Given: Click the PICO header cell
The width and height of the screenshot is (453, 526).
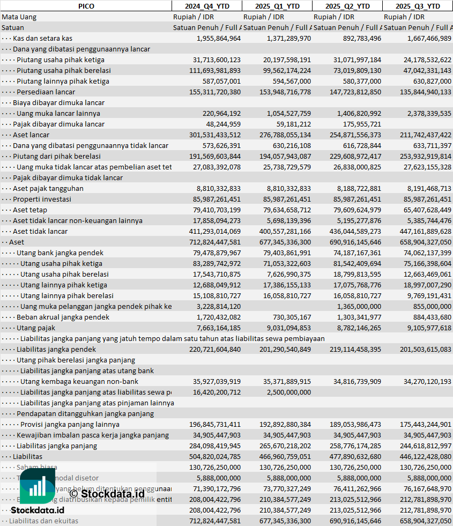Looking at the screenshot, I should click(86, 6).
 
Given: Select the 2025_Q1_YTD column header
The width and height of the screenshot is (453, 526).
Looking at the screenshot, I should click(277, 6).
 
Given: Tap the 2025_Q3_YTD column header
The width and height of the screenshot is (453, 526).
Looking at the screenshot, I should click(418, 6).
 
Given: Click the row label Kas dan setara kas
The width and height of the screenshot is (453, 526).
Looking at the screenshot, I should click(42, 38).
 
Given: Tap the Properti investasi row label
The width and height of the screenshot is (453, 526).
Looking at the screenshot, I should click(42, 199).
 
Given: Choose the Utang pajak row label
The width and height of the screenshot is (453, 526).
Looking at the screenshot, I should click(36, 328).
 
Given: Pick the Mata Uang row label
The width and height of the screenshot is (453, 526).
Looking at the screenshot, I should click(19, 17).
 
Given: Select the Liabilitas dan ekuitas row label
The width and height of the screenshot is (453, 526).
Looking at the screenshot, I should click(43, 521).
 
